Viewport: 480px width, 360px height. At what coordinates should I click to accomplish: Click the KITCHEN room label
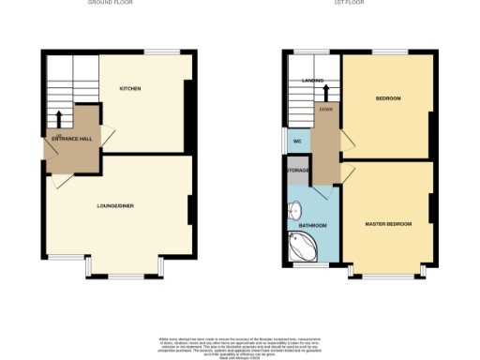pyautogui.click(x=130, y=88)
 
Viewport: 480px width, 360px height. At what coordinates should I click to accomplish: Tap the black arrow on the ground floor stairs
pyautogui.click(x=60, y=118)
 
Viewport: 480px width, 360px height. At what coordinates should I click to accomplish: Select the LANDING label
pyautogui.click(x=312, y=82)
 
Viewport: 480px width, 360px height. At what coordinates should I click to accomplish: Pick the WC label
pyautogui.click(x=297, y=142)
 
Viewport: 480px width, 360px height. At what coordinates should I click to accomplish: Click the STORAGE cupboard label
pyautogui.click(x=298, y=170)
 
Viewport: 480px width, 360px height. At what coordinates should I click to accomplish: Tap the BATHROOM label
pyautogui.click(x=312, y=226)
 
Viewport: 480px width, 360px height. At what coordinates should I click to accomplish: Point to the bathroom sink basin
pyautogui.click(x=294, y=211)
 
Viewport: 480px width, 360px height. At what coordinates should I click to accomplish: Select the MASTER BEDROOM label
pyautogui.click(x=388, y=223)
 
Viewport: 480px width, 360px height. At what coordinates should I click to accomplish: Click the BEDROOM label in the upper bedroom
pyautogui.click(x=388, y=98)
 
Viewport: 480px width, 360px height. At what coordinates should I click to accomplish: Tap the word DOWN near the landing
pyautogui.click(x=326, y=109)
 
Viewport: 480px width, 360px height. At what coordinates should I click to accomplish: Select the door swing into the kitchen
pyautogui.click(x=108, y=137)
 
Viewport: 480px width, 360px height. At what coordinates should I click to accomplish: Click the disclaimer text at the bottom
pyautogui.click(x=240, y=344)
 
